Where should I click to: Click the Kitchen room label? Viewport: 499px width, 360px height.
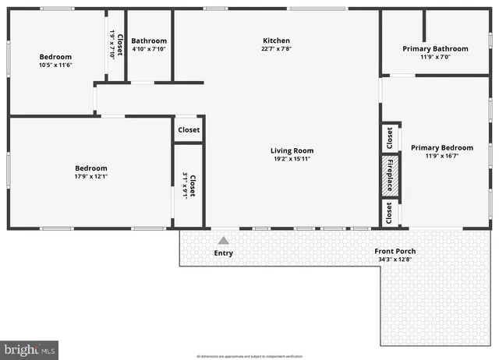point(276,41)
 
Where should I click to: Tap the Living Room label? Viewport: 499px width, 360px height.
point(292,150)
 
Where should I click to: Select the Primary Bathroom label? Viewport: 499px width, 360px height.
point(435,48)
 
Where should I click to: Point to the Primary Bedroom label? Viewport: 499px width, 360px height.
point(441,147)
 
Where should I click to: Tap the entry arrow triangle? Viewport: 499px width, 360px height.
point(223,241)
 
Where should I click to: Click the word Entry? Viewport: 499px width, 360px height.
point(223,253)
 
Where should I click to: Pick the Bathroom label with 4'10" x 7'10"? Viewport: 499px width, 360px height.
point(148,41)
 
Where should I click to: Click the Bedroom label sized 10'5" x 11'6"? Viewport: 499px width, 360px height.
point(55,56)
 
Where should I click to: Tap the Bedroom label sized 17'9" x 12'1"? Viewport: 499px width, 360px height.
point(90,168)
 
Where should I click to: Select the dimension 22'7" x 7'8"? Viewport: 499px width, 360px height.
point(276,49)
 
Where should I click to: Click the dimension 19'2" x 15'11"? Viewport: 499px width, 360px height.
point(292,159)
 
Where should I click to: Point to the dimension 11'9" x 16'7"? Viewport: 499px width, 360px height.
point(441,156)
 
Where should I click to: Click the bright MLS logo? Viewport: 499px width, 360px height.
point(30,350)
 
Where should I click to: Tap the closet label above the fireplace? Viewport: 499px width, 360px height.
point(389,138)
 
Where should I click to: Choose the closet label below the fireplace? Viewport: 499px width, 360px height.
point(389,213)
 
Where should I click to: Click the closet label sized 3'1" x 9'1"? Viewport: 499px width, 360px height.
point(189,185)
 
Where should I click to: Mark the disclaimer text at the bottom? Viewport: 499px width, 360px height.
point(249,355)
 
